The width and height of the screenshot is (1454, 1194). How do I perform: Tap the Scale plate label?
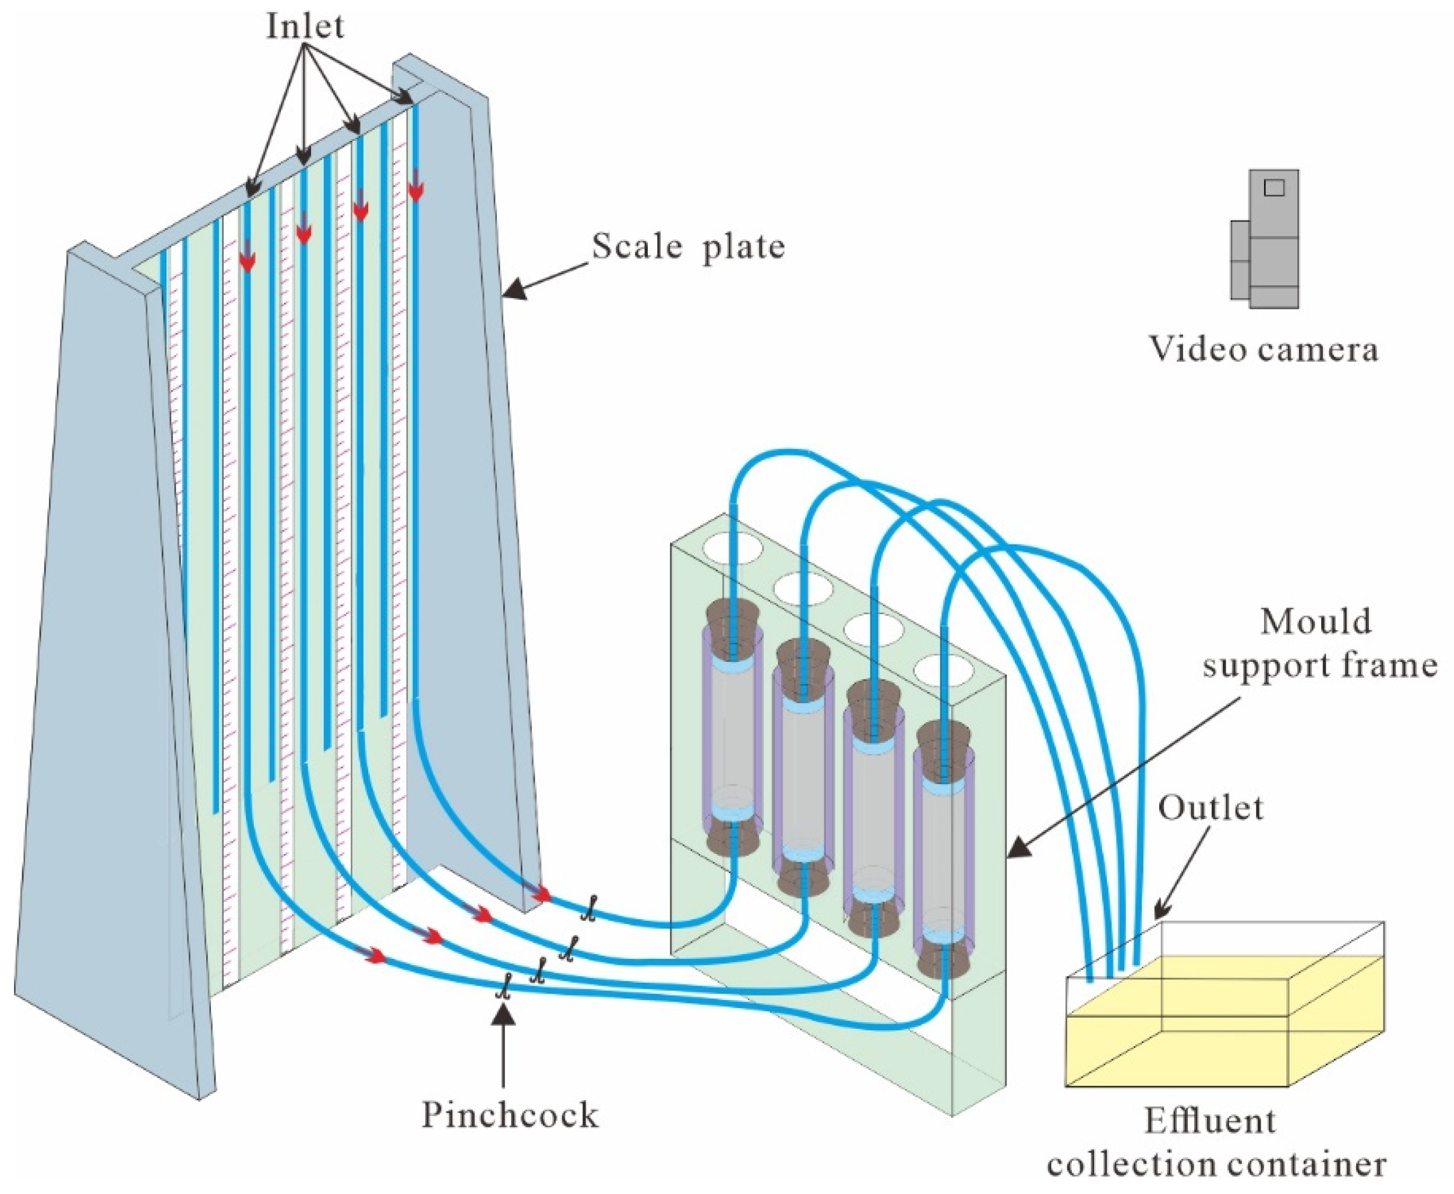(687, 246)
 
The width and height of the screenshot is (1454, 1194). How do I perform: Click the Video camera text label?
(1264, 349)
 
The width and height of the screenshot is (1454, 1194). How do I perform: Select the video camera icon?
(1265, 239)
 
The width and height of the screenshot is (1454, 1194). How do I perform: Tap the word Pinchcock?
(509, 1115)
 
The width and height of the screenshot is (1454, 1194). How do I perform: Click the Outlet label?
(1211, 808)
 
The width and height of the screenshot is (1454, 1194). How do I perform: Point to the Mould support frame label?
(1318, 644)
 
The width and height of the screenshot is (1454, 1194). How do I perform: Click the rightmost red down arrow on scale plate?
(415, 190)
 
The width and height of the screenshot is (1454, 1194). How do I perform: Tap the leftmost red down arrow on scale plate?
(247, 260)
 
